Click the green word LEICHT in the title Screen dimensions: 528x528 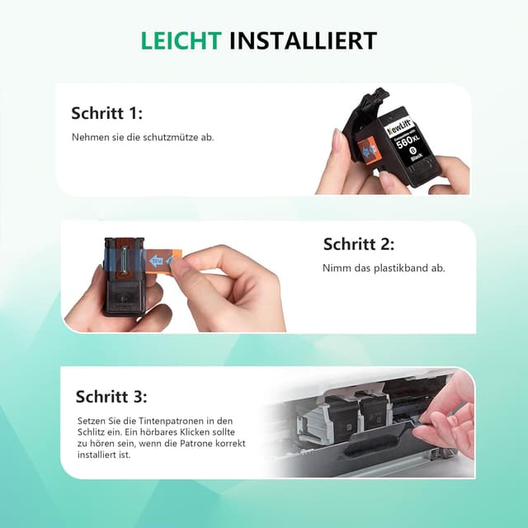[181, 41]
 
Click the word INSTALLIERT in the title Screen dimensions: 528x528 [303, 41]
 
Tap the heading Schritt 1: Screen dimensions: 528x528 [106, 113]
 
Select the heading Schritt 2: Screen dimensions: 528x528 [359, 244]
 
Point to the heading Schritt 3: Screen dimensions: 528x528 [111, 397]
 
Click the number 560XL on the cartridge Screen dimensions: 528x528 [408, 140]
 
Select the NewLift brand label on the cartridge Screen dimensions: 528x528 [400, 127]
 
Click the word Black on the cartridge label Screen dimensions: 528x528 [417, 158]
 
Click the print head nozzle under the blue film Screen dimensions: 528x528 [123, 260]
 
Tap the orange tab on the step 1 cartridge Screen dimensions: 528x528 [368, 150]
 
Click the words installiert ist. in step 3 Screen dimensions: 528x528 [104, 455]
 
